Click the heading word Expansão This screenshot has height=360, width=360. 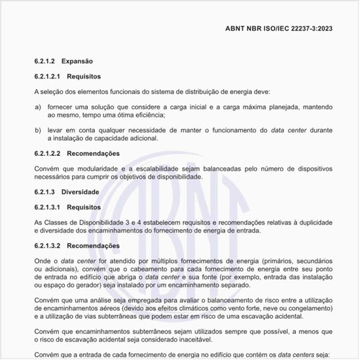77,60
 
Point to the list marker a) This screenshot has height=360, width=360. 38,106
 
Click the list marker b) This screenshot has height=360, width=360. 38,130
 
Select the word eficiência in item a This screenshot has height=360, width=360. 146,115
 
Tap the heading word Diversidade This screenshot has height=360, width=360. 81,192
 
